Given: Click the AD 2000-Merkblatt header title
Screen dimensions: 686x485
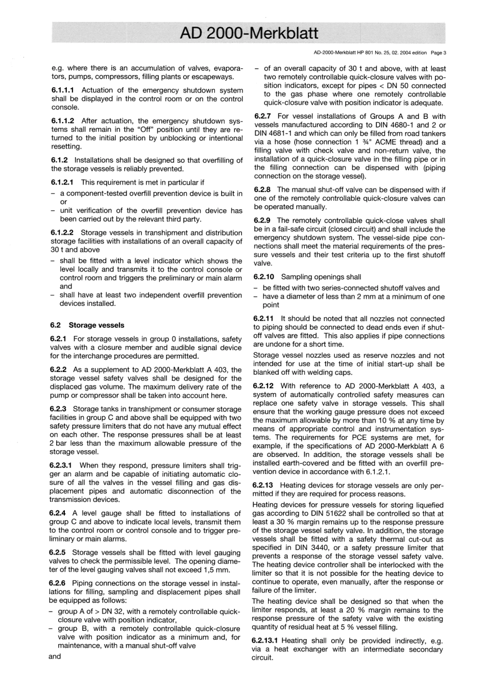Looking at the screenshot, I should tap(249, 34).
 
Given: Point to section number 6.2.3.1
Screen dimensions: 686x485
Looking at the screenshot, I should tap(62, 465).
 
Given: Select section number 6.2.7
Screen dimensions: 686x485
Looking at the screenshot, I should tap(262, 116).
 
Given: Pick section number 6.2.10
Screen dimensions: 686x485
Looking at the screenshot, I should tap(264, 277).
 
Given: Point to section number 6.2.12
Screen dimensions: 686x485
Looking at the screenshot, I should tap(264, 386).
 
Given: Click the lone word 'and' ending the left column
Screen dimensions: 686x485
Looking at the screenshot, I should tap(55, 656).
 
